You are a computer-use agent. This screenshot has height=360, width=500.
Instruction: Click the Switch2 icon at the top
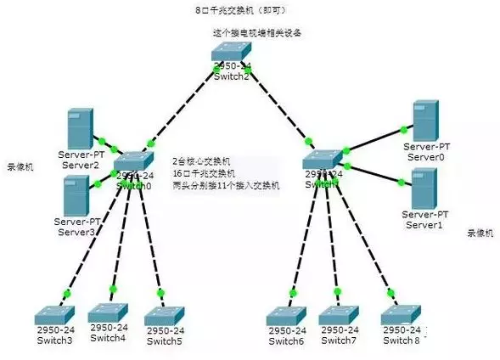231,54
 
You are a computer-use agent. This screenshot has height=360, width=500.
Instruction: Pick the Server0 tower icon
424,121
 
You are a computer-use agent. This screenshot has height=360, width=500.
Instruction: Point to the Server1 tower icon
424,188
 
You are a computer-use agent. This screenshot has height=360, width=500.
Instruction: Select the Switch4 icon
109,311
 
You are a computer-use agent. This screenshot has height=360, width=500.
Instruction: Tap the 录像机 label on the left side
20,166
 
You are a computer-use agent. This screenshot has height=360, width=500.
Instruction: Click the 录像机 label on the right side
480,232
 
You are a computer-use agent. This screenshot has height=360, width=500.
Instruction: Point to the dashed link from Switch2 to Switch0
183,101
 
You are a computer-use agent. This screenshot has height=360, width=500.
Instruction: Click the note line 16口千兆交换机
201,172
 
